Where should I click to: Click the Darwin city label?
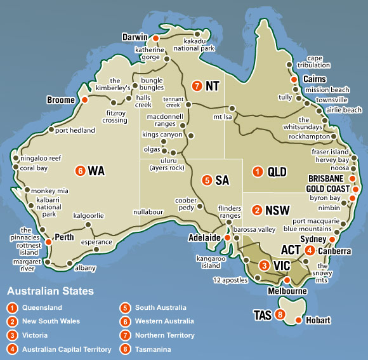tap(135, 37)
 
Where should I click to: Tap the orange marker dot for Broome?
tap(84, 100)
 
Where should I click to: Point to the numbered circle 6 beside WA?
tap(79, 171)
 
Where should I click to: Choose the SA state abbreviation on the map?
tap(221, 180)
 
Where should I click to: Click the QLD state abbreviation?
tap(277, 171)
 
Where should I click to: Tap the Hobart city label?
tap(318, 321)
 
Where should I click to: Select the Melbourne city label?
tap(288, 291)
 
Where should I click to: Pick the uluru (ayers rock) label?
tap(167, 164)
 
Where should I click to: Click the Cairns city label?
tap(315, 79)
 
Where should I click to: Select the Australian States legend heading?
tap(50, 291)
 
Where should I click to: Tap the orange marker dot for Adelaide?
tap(227, 238)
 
